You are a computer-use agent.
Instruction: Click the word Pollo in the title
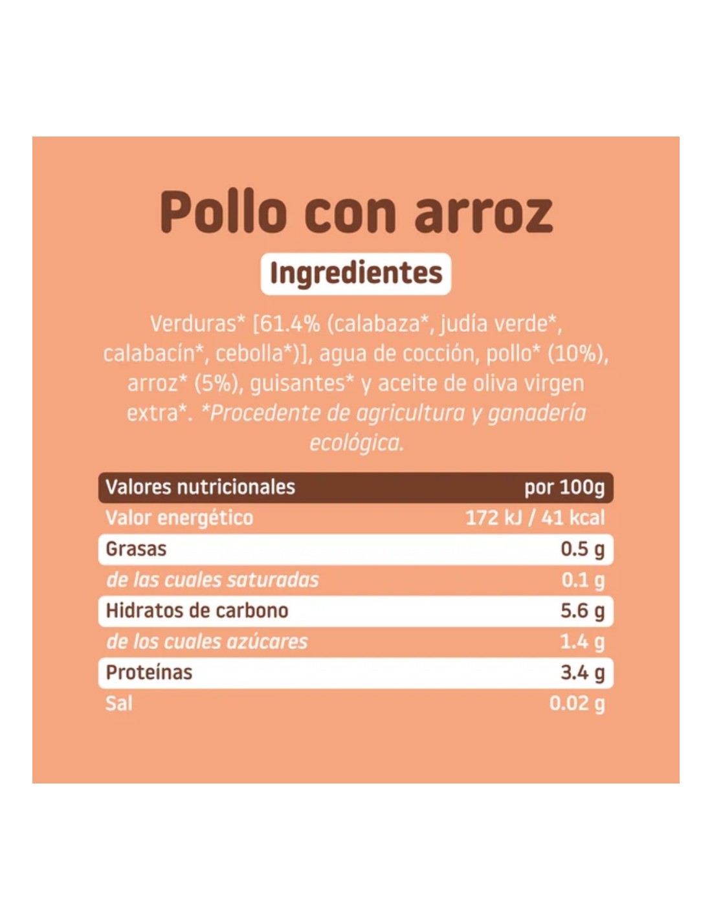[x=223, y=212]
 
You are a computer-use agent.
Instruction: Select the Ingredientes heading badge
[x=356, y=273]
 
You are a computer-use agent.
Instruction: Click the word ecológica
[x=356, y=443]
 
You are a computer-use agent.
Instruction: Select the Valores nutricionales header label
[x=200, y=487]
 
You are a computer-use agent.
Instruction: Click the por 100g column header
[x=564, y=487]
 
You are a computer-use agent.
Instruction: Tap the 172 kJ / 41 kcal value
[x=535, y=518]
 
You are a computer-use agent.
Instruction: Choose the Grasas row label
[x=136, y=549]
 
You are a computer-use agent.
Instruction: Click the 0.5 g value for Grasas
[x=583, y=549]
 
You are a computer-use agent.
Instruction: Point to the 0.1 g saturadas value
[x=583, y=580]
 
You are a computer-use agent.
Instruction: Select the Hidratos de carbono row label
[x=197, y=611]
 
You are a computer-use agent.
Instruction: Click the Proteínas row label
[x=149, y=673]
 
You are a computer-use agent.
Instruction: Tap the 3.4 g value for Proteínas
[x=583, y=673]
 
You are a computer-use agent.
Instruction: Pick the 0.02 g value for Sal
[x=577, y=703]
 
